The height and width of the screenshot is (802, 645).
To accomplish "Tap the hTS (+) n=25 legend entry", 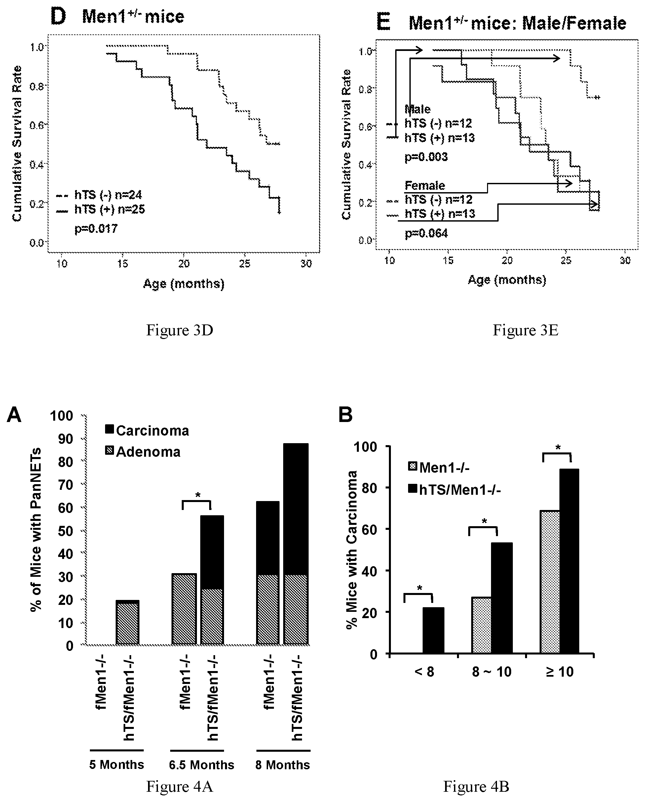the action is [100, 209].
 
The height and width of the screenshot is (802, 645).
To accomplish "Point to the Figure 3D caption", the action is [179, 330].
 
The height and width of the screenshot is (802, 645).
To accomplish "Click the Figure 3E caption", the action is [525, 330].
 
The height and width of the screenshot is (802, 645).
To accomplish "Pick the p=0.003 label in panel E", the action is [426, 157].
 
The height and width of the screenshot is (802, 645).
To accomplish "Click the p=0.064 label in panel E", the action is [426, 233].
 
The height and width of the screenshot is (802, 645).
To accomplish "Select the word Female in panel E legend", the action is [425, 185].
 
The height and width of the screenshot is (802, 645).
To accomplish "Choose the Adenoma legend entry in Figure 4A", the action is [143, 451].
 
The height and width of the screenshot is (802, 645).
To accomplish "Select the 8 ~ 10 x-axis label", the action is [491, 672].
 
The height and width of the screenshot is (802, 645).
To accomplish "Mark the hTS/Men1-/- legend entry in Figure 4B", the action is [455, 489].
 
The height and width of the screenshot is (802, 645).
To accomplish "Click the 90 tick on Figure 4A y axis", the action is [65, 439].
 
